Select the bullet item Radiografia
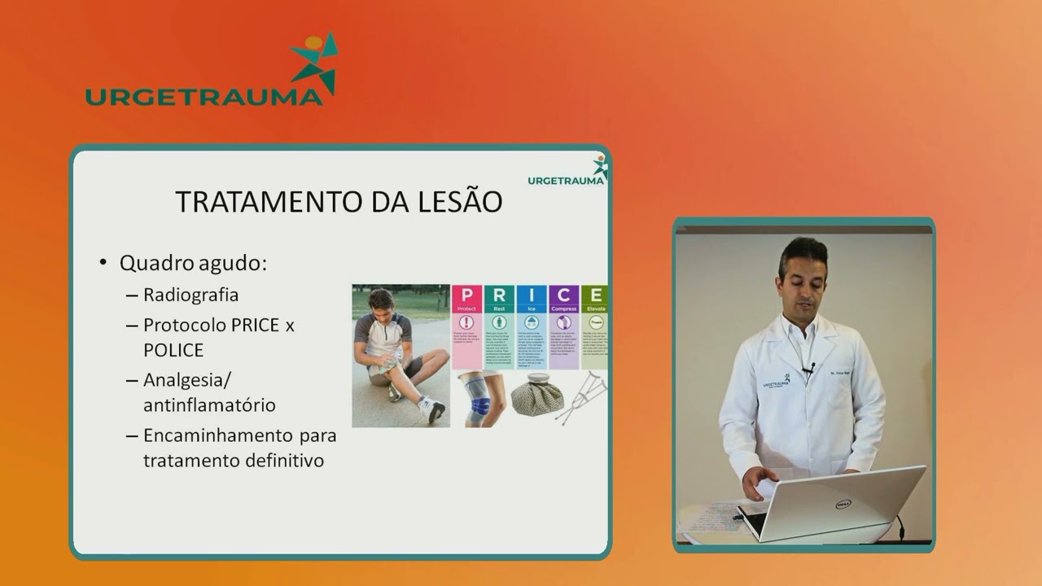point(190,295)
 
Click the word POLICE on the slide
point(173,350)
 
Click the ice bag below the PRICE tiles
point(536,396)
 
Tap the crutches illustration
point(583,397)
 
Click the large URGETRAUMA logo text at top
point(204,97)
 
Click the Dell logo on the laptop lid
point(843,504)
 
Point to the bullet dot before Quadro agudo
point(103,263)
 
